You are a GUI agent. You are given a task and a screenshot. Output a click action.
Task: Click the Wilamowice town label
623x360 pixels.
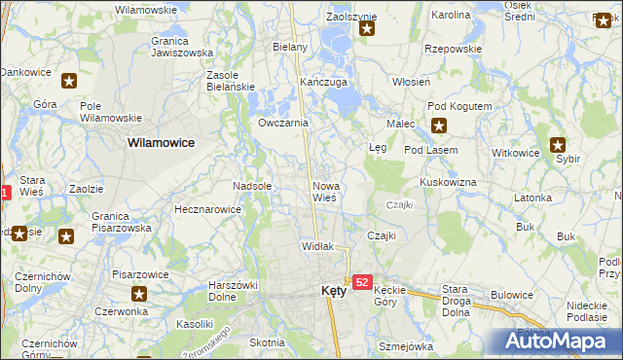(161, 142)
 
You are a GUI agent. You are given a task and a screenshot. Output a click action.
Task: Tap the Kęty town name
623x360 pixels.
(333, 290)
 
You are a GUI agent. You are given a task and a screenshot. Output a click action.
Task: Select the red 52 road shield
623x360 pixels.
(362, 282)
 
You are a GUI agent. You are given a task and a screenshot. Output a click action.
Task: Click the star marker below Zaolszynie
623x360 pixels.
(367, 28)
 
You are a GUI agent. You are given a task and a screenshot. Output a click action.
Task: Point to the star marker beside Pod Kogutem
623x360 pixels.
(439, 124)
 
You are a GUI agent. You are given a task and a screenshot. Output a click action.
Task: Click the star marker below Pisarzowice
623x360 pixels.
(139, 293)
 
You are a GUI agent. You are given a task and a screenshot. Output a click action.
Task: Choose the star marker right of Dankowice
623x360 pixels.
(69, 82)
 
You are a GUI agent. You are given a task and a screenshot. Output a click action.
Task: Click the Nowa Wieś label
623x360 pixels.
(324, 191)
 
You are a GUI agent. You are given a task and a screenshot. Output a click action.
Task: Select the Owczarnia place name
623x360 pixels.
(283, 123)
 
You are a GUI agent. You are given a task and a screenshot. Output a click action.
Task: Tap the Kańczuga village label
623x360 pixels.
(324, 82)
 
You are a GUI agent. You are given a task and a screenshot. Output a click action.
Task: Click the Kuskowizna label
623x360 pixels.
(448, 182)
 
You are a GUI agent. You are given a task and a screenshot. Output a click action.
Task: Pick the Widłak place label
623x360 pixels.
(317, 246)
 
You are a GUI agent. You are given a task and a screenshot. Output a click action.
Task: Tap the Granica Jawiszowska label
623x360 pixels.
(182, 48)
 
